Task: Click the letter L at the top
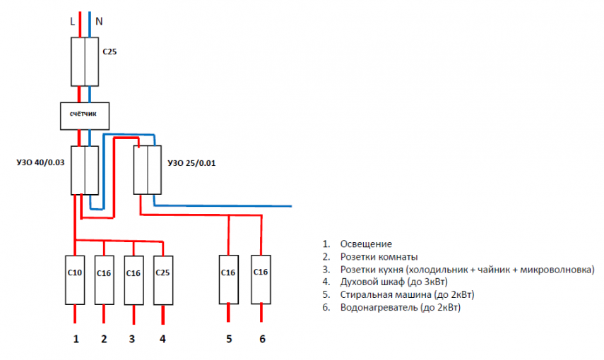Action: point(72,21)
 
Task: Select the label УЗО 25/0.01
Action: point(191,163)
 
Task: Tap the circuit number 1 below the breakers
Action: point(76,340)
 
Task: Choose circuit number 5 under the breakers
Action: point(228,340)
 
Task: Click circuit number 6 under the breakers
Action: point(262,340)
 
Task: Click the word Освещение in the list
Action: point(365,244)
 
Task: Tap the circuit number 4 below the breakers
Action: point(162,340)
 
